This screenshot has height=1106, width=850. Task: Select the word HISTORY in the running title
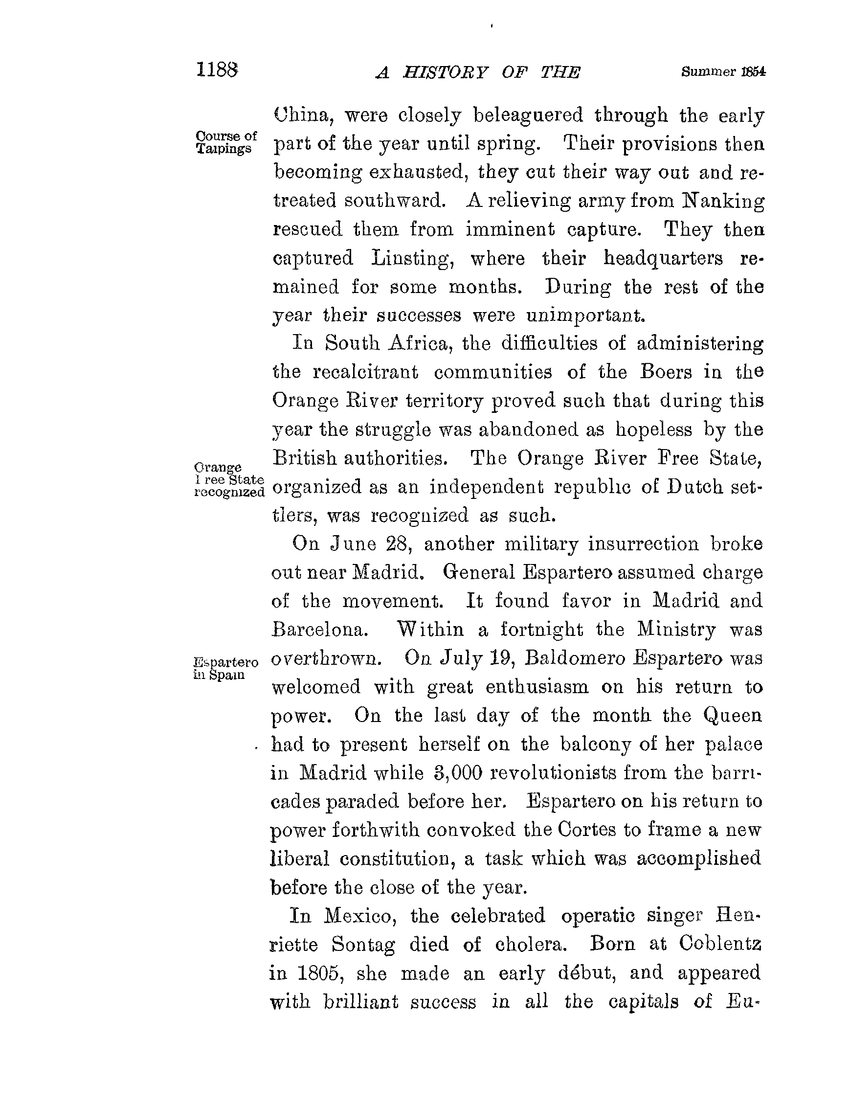point(445,73)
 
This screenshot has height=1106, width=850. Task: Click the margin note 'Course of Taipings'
point(225,142)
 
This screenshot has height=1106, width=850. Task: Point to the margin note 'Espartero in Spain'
point(225,668)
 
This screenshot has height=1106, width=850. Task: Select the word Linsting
point(411,259)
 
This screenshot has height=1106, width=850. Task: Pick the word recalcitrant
point(365,372)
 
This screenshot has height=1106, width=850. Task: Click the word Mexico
point(360,916)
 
